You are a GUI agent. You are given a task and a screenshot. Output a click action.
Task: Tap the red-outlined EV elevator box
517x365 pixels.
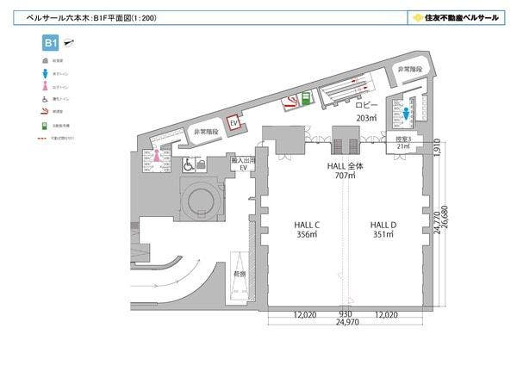tap(233, 124)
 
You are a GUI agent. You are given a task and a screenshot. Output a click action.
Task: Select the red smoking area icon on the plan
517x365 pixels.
tap(291, 102)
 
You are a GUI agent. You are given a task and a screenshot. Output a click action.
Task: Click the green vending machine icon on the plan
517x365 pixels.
tap(304, 98)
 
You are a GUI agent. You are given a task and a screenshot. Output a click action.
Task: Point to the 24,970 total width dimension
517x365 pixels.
tap(347, 324)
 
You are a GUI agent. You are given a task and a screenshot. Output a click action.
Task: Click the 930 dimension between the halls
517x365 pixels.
tap(346, 314)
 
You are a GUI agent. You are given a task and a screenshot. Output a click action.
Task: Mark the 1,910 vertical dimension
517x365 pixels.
tap(438, 147)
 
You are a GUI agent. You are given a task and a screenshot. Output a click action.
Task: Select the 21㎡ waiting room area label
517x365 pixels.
tap(402, 146)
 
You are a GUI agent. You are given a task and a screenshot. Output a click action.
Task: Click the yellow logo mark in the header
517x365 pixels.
tap(417, 17)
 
